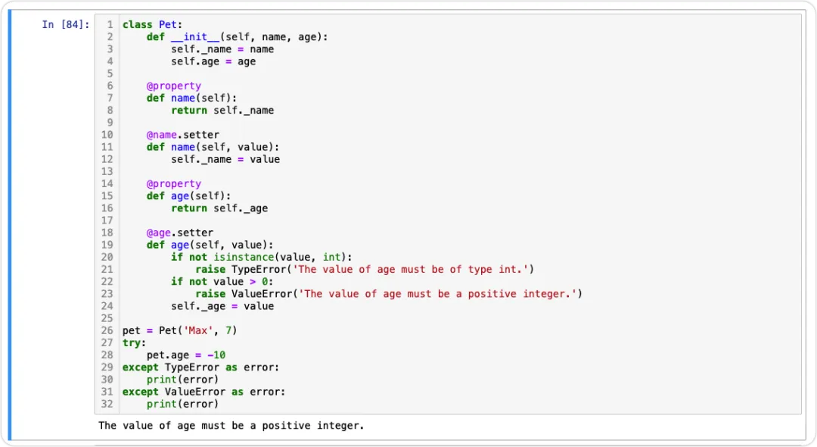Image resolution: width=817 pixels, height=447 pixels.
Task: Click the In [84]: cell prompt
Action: point(66,25)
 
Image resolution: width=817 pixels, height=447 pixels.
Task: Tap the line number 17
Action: point(107,220)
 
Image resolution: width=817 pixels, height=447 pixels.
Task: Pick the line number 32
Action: point(107,404)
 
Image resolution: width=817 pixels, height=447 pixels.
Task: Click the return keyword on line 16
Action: point(189,208)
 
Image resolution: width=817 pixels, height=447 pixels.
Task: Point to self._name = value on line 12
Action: point(225,159)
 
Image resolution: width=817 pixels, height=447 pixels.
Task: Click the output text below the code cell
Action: point(231,426)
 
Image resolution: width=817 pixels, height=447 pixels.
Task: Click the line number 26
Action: point(107,330)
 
